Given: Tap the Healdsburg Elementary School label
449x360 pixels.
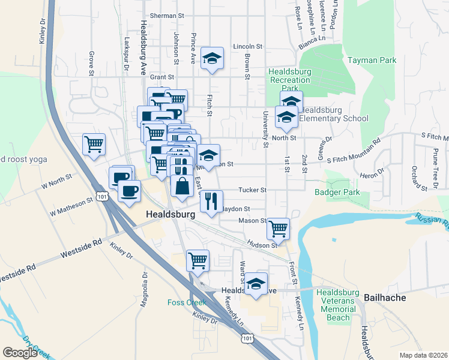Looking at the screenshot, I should pyautogui.click(x=333, y=114).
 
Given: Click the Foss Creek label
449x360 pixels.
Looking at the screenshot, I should pyautogui.click(x=187, y=302).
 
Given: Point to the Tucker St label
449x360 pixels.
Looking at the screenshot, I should pyautogui.click(x=252, y=190).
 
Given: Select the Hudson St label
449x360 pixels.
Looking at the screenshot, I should pyautogui.click(x=265, y=245).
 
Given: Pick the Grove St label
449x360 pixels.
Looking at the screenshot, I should pyautogui.click(x=92, y=59).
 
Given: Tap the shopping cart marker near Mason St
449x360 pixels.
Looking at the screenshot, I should pyautogui.click(x=278, y=227).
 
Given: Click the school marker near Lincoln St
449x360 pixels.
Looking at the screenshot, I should pyautogui.click(x=212, y=58).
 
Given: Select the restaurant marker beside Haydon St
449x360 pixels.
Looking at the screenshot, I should pyautogui.click(x=211, y=201).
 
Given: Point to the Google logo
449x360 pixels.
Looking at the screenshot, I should pyautogui.click(x=20, y=353).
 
